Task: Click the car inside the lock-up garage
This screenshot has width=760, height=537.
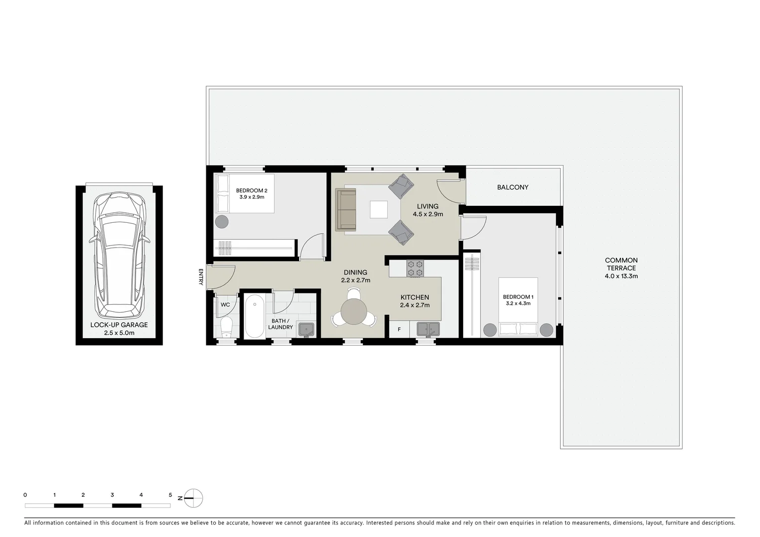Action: pyautogui.click(x=119, y=256)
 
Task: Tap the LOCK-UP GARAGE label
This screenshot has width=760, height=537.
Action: pyautogui.click(x=119, y=325)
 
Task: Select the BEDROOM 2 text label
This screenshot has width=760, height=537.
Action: pyautogui.click(x=252, y=190)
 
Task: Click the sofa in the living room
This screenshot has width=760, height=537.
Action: pyautogui.click(x=346, y=209)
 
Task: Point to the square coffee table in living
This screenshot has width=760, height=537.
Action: pyautogui.click(x=379, y=209)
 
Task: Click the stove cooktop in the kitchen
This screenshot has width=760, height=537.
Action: pyautogui.click(x=416, y=269)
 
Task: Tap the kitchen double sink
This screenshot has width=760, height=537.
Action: pyautogui.click(x=427, y=329)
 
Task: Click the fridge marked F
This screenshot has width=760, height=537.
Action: pyautogui.click(x=399, y=329)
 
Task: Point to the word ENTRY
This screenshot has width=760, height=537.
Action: pyautogui.click(x=201, y=277)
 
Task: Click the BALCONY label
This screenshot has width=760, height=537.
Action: pyautogui.click(x=512, y=187)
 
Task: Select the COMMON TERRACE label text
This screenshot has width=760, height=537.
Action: pyautogui.click(x=621, y=264)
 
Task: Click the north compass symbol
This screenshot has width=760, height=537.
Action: pyautogui.click(x=194, y=497)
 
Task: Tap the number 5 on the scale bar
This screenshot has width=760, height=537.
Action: pyautogui.click(x=170, y=495)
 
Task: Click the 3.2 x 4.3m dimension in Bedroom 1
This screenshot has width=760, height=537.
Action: pyautogui.click(x=518, y=303)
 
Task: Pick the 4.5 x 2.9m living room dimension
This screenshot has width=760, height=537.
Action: pyautogui.click(x=427, y=214)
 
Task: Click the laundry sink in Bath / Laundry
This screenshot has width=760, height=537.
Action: pyautogui.click(x=306, y=329)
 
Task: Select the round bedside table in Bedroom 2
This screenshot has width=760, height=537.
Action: pyautogui.click(x=222, y=222)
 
